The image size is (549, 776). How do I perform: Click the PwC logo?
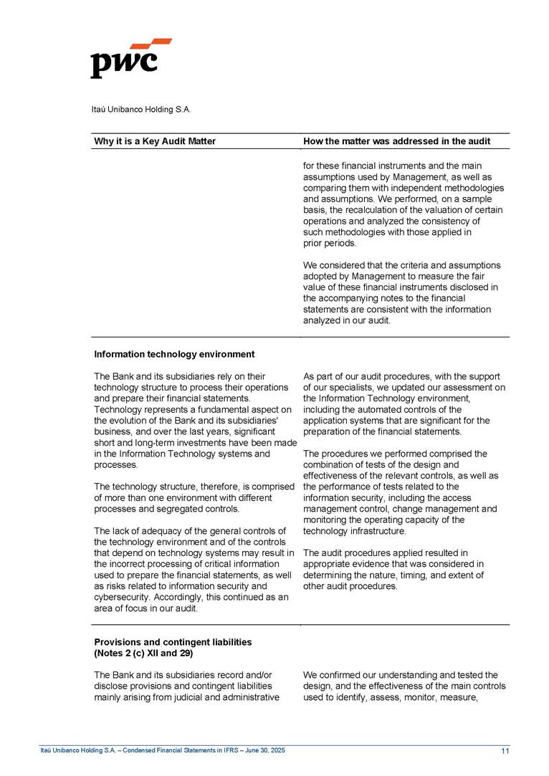point(130,59)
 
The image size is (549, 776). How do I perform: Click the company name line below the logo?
point(140,110)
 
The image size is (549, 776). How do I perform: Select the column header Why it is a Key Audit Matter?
point(155,141)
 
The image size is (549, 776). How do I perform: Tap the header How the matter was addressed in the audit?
point(397,141)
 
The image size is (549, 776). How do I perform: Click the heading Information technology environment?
point(174,354)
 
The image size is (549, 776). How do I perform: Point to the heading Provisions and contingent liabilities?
point(173,642)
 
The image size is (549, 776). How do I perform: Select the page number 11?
point(505,750)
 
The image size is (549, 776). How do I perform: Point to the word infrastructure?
point(376,531)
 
